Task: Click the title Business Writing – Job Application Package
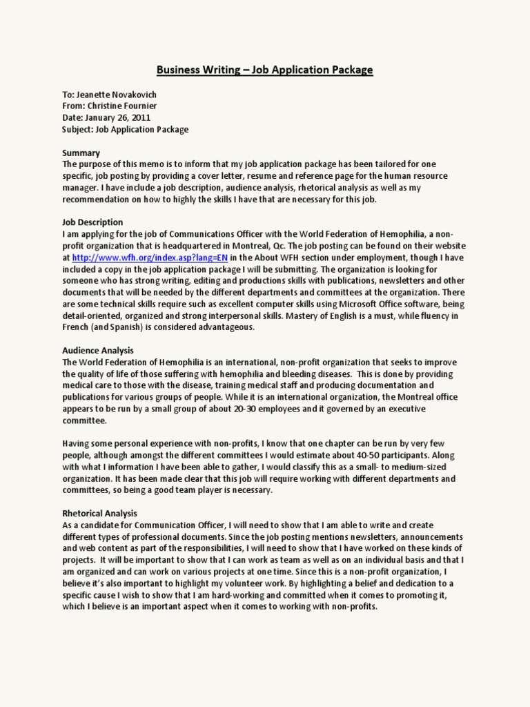pyautogui.click(x=264, y=70)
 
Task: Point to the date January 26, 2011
pyautogui.click(x=121, y=118)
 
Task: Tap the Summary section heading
pyautogui.click(x=81, y=153)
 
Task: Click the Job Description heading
pyautogui.click(x=92, y=222)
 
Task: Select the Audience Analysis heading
pyautogui.click(x=98, y=351)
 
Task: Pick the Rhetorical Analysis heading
pyautogui.click(x=100, y=514)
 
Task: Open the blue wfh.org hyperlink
pyautogui.click(x=150, y=258)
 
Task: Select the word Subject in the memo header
pyautogui.click(x=77, y=129)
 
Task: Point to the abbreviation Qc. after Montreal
pyautogui.click(x=315, y=246)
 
